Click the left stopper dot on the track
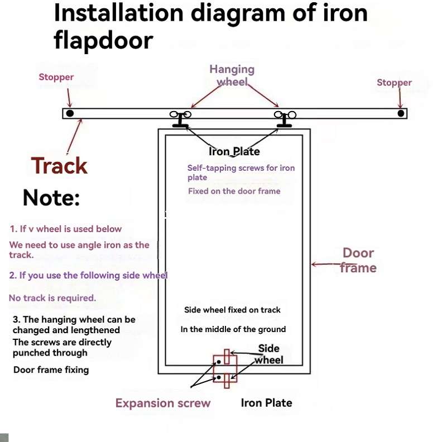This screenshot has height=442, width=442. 70,113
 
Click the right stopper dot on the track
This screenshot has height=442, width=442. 401,113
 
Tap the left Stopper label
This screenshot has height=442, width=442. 56,77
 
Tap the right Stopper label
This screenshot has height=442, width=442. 394,83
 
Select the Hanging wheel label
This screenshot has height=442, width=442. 232,75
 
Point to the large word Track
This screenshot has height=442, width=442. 59,165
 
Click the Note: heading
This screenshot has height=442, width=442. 51,198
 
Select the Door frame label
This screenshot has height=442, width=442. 358,260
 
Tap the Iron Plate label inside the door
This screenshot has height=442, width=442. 234,152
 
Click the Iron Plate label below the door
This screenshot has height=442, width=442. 266,403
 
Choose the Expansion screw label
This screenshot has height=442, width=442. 163,403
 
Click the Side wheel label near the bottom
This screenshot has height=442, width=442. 268,354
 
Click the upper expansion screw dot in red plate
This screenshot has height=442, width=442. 219,362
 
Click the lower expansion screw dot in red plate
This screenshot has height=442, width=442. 219,377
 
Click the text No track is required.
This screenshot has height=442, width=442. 52,298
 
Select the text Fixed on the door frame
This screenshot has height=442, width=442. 234,191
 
